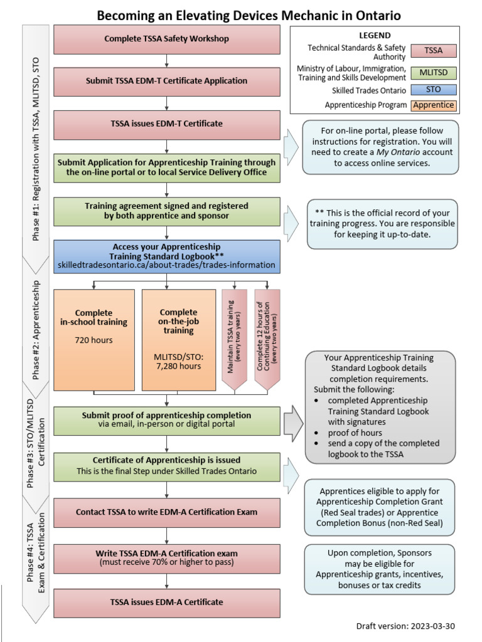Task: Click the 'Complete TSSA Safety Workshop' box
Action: (x=166, y=39)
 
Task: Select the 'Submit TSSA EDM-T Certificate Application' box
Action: (x=166, y=81)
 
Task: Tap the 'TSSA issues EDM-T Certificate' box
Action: (x=166, y=124)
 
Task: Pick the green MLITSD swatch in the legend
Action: (x=433, y=72)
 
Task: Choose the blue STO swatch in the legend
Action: (x=433, y=90)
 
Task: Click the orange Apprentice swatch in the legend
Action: (x=433, y=105)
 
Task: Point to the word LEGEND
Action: (x=375, y=36)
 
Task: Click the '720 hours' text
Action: (x=94, y=340)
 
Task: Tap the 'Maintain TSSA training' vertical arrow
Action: (x=234, y=339)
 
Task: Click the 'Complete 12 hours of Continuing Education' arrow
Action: (x=267, y=339)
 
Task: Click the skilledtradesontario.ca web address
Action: (x=166, y=265)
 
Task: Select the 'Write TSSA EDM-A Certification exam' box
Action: (x=166, y=557)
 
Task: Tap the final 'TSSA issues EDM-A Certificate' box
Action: (x=166, y=602)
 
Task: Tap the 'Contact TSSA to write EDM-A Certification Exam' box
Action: (x=166, y=512)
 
